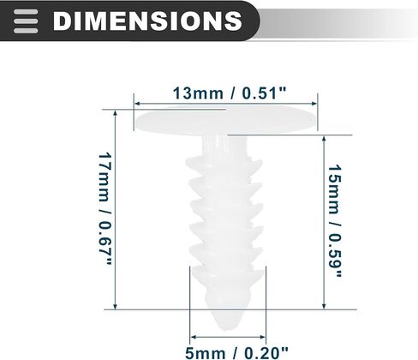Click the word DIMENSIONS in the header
pos(147,21)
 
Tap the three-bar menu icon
pos(26,21)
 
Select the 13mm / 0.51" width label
pos(230,93)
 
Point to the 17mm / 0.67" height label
pos(104,209)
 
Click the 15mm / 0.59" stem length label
pos(334,221)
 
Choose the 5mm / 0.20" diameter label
pos(236,353)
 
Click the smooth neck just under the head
pos(224,146)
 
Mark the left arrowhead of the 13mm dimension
pos(137,104)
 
